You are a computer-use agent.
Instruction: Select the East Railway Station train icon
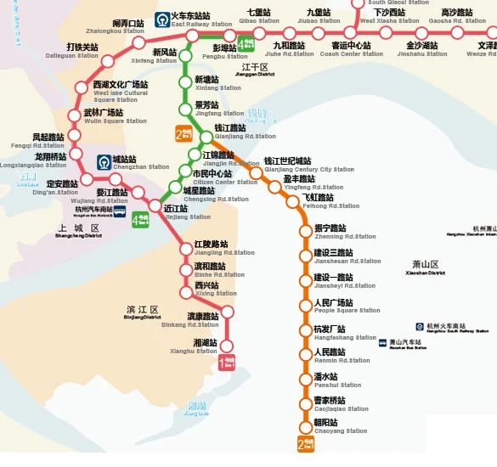point(162,19)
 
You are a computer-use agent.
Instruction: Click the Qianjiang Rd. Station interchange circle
point(205,137)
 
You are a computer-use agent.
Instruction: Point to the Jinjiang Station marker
point(155,207)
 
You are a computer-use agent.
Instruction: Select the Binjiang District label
point(141,313)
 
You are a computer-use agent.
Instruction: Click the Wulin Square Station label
point(103,116)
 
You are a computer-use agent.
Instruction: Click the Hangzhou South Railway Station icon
point(420,327)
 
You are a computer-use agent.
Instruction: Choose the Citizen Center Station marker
point(184,174)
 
